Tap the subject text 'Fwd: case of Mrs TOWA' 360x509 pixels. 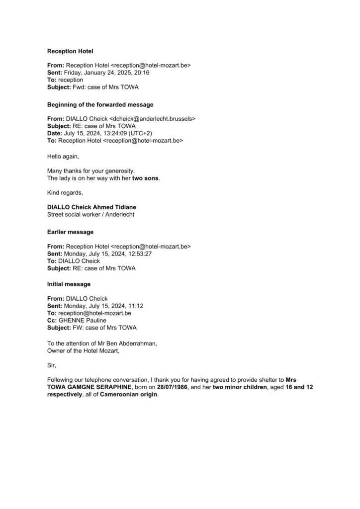pyautogui.click(x=103, y=86)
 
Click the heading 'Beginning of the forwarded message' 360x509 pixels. pyautogui.click(x=100, y=105)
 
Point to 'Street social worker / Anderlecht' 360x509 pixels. pyautogui.click(x=91, y=215)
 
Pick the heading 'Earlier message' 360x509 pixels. pyautogui.click(x=70, y=232)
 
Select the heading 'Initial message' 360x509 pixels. pyautogui.click(x=69, y=284)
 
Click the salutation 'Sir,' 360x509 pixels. pyautogui.click(x=52, y=364)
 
